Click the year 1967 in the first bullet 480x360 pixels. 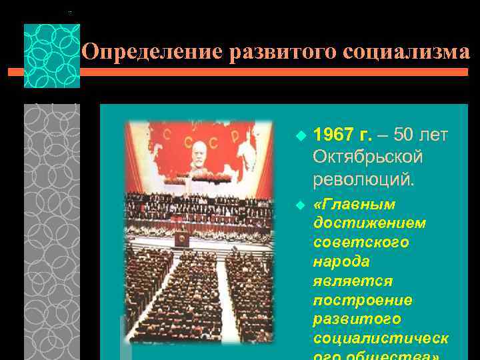tap(334, 135)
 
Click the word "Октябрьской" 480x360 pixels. tap(368, 157)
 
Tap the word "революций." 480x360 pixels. tap(363, 179)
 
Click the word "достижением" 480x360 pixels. tap(369, 223)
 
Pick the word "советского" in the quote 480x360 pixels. tap(361, 242)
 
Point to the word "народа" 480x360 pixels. tap(341, 261)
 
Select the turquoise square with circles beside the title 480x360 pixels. tap(51, 56)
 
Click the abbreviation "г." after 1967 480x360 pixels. tap(365, 135)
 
